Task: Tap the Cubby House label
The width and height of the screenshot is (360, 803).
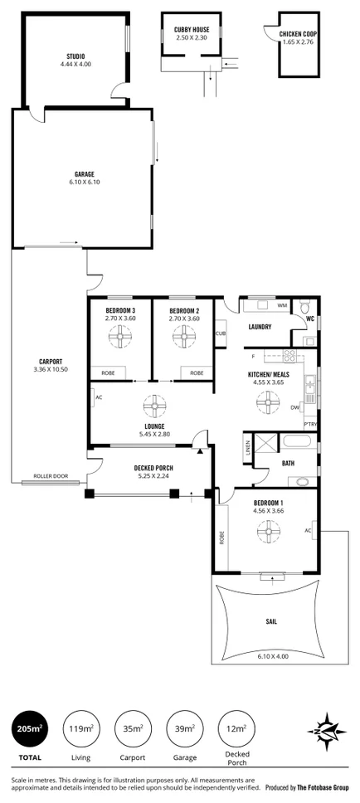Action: tap(191, 30)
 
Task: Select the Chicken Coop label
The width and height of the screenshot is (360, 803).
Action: tap(299, 33)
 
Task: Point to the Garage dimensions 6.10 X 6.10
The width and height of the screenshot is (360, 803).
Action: tap(85, 182)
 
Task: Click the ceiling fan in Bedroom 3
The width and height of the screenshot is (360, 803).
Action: tap(120, 337)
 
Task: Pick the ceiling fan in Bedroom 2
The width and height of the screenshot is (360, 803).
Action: tap(183, 337)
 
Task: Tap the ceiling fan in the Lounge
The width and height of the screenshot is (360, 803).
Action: tap(155, 406)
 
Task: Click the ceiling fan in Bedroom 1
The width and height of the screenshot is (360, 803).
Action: tap(268, 532)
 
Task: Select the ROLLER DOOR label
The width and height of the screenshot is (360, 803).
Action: tap(48, 476)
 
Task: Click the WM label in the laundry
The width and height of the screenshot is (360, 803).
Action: tap(282, 305)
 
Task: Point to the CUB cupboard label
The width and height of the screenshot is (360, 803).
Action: tap(221, 334)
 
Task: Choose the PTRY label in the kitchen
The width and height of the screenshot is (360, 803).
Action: tap(310, 424)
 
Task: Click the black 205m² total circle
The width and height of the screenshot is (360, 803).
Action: tap(28, 729)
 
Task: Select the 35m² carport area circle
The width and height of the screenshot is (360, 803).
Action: tap(131, 729)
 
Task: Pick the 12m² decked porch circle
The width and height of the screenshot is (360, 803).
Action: tap(235, 729)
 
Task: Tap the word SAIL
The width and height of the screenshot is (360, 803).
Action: tap(270, 620)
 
